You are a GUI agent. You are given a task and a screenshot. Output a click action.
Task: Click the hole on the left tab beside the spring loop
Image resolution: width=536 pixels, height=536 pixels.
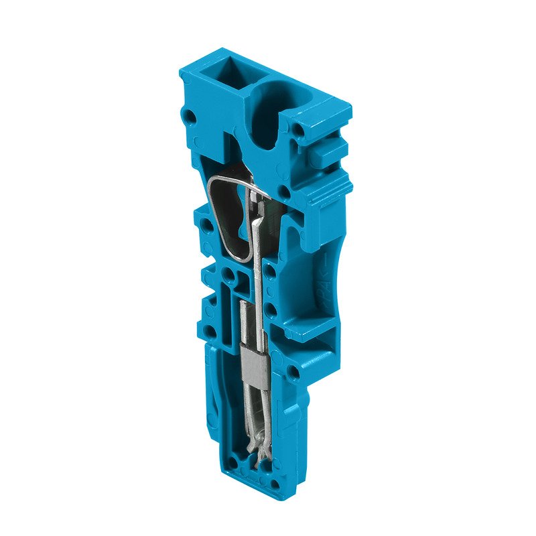pos(201,221)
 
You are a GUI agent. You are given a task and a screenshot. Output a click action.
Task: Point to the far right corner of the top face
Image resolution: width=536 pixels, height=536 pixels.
pos(350,107)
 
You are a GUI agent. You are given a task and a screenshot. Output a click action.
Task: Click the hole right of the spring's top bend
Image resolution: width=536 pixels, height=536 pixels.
pos(285,194)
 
